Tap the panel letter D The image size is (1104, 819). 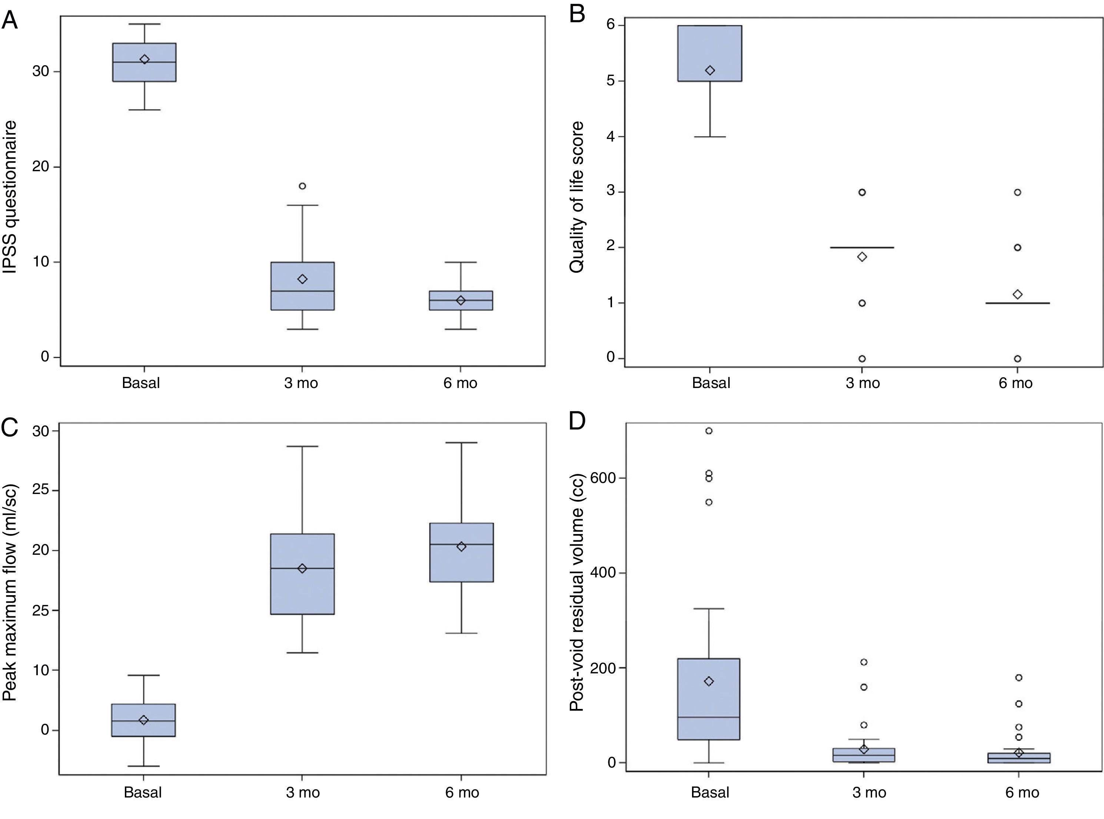click(x=577, y=420)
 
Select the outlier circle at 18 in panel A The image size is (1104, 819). click(x=302, y=186)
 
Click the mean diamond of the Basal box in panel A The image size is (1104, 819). click(x=144, y=60)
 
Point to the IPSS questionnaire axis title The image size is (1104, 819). click(x=10, y=197)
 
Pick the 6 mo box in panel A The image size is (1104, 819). click(x=461, y=301)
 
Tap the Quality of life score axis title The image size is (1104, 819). click(x=577, y=197)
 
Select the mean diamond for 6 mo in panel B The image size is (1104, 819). click(x=1017, y=295)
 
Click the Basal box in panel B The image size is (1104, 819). click(x=709, y=53)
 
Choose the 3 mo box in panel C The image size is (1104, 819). click(x=302, y=574)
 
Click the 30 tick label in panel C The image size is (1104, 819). click(x=41, y=431)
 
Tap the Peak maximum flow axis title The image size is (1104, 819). click(x=10, y=593)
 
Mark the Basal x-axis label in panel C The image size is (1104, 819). click(x=143, y=792)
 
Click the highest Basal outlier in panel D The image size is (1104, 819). click(x=709, y=431)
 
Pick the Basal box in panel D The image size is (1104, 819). click(x=709, y=699)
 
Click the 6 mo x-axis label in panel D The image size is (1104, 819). click(x=1022, y=792)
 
